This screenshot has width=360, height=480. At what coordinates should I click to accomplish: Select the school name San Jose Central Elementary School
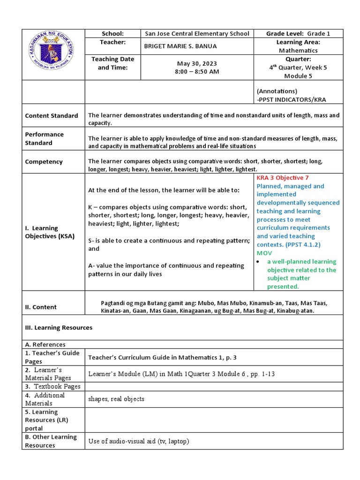197,34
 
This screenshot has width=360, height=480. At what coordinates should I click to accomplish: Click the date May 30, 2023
197,63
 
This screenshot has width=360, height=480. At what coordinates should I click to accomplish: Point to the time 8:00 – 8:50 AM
197,72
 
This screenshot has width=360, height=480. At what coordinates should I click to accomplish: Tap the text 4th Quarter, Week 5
298,67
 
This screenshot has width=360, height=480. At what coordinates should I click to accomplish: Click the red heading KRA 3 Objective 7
283,178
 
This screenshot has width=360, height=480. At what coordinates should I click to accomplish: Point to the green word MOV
264,253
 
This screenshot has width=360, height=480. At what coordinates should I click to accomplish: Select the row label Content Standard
52,116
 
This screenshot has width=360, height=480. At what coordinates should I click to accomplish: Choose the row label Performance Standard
45,138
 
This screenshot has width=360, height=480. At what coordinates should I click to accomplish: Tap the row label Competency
44,162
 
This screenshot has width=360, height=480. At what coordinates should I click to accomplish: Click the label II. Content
41,307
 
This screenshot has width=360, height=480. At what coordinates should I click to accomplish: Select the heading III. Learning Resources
59,328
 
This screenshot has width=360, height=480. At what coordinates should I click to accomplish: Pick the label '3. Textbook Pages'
52,386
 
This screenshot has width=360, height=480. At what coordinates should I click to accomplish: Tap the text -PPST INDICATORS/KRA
291,99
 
